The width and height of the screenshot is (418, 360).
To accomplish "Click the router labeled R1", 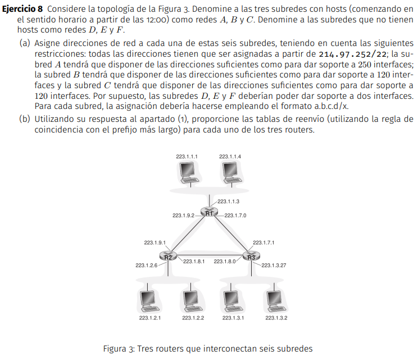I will tap(209, 213).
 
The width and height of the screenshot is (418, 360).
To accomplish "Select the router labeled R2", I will tap(167, 257).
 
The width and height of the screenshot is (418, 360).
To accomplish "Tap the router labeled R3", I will tap(251, 257).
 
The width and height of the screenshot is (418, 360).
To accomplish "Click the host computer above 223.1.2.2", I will tap(193, 302).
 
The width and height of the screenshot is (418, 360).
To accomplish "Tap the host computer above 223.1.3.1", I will tap(233, 302).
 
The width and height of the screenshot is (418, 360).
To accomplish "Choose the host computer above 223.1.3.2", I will tap(275, 302).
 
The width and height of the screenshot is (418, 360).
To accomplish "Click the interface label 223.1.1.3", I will tap(228, 201).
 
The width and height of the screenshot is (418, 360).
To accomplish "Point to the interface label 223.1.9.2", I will tap(183, 215).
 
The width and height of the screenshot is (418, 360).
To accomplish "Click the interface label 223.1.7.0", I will tap(235, 215).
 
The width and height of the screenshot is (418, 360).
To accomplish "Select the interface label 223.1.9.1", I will tap(155, 243).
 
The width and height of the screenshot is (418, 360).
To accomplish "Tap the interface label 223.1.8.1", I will tap(193, 261).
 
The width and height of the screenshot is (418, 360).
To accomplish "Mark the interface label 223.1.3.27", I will tap(275, 265).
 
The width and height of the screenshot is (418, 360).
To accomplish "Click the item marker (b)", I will tap(24, 119).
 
